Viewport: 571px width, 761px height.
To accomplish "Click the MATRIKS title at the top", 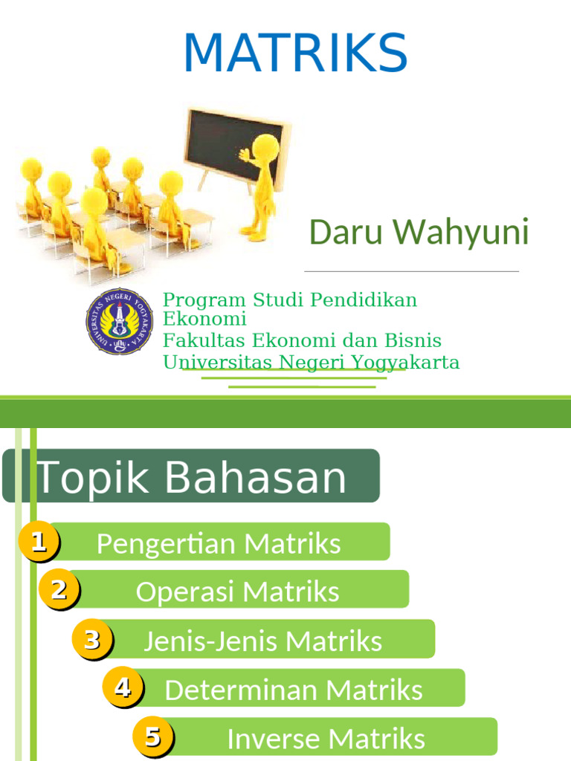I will [295, 53].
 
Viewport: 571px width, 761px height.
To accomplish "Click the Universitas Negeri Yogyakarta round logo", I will [120, 321].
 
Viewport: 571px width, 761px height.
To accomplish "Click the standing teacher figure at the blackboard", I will [260, 186].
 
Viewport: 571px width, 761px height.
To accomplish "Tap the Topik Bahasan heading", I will [192, 476].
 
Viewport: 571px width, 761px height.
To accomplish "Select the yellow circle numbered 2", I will [59, 589].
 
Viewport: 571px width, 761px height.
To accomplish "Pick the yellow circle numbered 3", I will [92, 639].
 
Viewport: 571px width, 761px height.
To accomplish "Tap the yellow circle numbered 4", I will [123, 688].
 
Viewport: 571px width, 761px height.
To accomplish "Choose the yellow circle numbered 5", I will [153, 737].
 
